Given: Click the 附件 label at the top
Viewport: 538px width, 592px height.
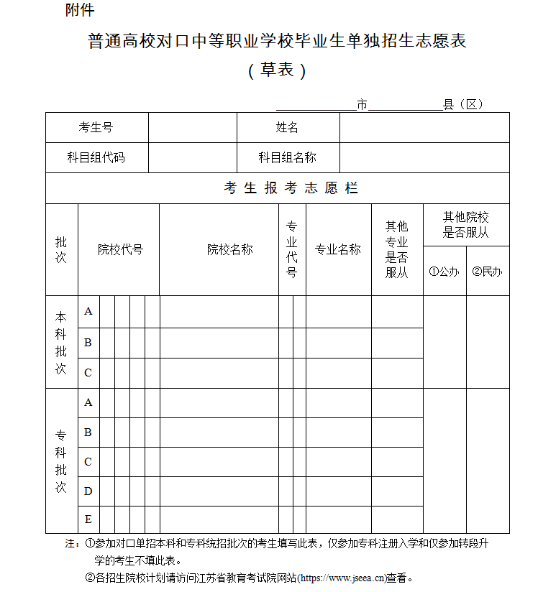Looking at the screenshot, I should [x=79, y=10].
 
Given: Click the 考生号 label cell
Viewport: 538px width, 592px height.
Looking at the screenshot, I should [x=96, y=128].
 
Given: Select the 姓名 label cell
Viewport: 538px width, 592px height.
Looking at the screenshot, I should [x=288, y=128].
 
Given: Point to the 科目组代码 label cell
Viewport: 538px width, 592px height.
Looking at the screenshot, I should [x=96, y=157].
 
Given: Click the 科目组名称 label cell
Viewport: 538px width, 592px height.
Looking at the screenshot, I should [x=288, y=157].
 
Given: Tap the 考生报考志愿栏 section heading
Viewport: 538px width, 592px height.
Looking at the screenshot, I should [x=291, y=188].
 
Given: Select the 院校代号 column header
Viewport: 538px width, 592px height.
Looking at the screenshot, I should [x=120, y=250].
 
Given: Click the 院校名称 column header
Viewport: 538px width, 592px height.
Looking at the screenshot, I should [x=230, y=250].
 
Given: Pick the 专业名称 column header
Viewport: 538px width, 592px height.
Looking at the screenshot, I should [x=338, y=250].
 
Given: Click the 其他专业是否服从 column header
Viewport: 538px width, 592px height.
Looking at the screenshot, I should [x=397, y=249].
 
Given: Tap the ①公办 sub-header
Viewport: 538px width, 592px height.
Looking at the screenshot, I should [x=444, y=272].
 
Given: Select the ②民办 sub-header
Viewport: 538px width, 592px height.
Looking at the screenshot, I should [x=488, y=272].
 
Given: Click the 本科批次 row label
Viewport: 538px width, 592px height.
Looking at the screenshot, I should [x=61, y=342].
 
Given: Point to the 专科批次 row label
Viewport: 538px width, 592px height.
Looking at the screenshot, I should [x=61, y=461].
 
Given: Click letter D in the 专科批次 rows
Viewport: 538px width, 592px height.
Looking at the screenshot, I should [x=88, y=491].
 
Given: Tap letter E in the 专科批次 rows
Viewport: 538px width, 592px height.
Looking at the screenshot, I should [x=88, y=519].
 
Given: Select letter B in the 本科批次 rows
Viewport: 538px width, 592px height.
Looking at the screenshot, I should [x=88, y=343].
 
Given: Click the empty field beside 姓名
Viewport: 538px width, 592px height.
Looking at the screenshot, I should [x=424, y=128].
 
